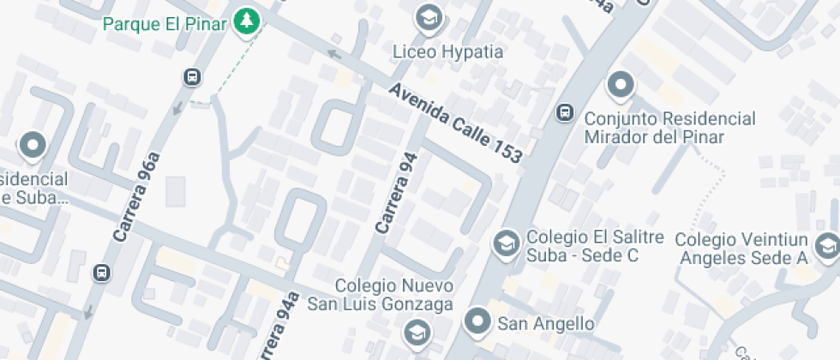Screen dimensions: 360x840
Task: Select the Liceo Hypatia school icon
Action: pyautogui.click(x=427, y=16)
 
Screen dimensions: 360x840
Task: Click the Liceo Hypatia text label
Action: pyautogui.click(x=447, y=51)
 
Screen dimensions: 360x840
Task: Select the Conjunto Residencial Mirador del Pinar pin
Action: pyautogui.click(x=620, y=86)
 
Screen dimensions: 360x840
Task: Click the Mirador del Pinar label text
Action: pyautogui.click(x=669, y=128)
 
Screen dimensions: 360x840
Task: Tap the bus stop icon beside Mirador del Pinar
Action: pyautogui.click(x=565, y=111)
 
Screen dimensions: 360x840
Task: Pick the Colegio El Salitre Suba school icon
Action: pyautogui.click(x=506, y=243)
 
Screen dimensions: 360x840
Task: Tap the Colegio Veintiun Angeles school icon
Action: pyautogui.click(x=827, y=244)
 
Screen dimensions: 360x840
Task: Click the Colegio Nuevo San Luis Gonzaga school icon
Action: pyautogui.click(x=417, y=330)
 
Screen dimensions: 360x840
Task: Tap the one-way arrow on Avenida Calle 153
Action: pyautogui.click(x=335, y=56)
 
